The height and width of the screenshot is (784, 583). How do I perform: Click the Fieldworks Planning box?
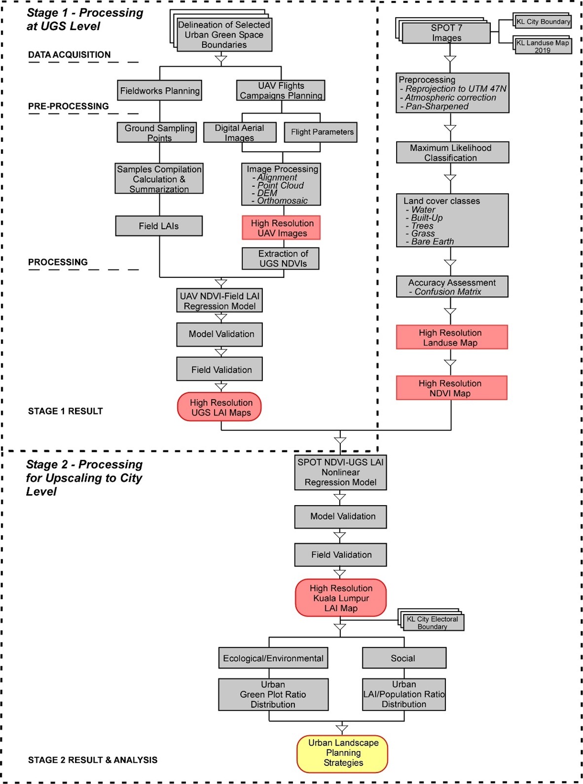coord(159,91)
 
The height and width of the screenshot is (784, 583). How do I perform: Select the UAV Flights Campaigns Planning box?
coord(281,91)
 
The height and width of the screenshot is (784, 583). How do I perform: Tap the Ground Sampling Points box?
coord(157,133)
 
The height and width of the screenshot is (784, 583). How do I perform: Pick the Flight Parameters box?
coord(321,133)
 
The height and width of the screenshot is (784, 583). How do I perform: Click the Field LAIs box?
coord(159,226)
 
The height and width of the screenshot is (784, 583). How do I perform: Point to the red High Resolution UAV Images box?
coord(281,228)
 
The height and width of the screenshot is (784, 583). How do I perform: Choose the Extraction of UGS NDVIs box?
coord(281,258)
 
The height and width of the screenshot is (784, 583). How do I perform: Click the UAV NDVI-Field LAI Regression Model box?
coord(219,301)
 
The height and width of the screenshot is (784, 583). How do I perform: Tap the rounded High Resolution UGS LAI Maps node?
coord(219,407)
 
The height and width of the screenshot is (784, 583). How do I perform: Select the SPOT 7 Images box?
coord(446,33)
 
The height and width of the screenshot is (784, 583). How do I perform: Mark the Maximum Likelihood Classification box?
coord(452,152)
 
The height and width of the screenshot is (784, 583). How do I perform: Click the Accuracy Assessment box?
coord(452,287)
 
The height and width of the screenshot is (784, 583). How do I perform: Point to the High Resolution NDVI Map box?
coord(452,388)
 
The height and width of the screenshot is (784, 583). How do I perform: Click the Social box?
coord(404,658)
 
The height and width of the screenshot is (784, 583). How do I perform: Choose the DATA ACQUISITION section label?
coord(70,54)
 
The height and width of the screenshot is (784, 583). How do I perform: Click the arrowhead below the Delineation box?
coord(221,59)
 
